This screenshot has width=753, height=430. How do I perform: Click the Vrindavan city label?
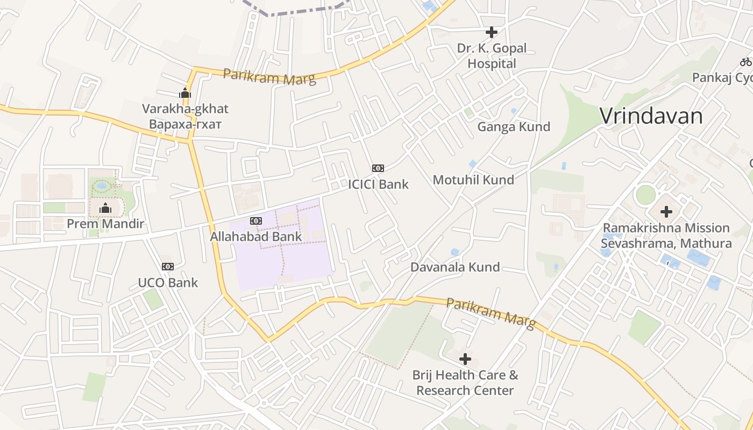click(x=651, y=116)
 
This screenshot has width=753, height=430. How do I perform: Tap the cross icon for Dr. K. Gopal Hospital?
click(x=491, y=32)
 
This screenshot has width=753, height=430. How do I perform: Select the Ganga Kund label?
click(x=514, y=127)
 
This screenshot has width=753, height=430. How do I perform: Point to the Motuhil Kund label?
click(x=473, y=180)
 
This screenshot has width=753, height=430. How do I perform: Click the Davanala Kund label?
click(x=455, y=267)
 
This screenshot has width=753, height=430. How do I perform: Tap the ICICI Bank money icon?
click(x=378, y=168)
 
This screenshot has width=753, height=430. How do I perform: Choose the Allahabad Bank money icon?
click(x=256, y=220)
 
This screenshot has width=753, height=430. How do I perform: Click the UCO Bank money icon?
click(x=168, y=267)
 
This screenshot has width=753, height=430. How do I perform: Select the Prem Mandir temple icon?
click(x=105, y=207)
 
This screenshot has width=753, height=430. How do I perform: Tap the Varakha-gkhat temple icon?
click(x=185, y=93)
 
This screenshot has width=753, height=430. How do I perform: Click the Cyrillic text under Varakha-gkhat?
click(x=186, y=124)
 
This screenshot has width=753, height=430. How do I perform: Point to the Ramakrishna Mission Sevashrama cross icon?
click(x=666, y=212)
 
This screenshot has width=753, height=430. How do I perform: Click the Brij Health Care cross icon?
click(x=465, y=359)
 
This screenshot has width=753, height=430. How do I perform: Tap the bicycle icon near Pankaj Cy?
click(x=745, y=62)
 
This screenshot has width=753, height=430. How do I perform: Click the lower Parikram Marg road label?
click(x=491, y=313)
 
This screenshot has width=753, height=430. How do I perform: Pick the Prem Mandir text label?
click(x=105, y=224)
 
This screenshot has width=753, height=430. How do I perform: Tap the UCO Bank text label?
click(x=168, y=283)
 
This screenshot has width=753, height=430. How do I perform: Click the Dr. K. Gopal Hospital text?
click(x=492, y=56)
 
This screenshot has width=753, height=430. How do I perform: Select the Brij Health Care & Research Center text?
click(x=465, y=383)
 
